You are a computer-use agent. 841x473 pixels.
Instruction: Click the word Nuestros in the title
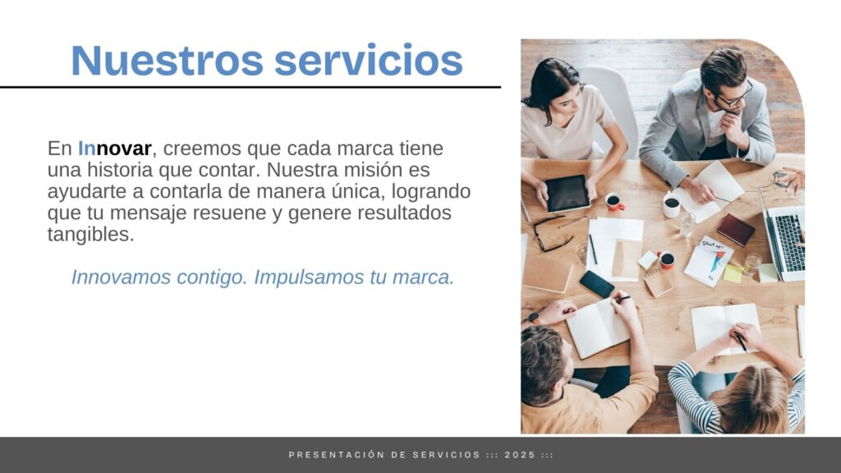click(168, 60)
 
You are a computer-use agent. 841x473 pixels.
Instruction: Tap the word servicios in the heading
click(369, 60)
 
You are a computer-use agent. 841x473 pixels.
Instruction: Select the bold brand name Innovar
click(115, 148)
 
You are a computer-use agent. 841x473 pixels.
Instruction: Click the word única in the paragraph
click(362, 191)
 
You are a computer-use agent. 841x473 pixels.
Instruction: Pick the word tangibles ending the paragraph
click(90, 234)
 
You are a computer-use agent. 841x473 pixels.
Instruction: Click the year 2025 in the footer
click(520, 455)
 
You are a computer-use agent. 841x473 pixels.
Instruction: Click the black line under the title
click(250, 87)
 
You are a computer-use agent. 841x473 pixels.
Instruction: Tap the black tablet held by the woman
click(568, 193)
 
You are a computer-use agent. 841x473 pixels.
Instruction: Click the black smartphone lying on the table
click(596, 283)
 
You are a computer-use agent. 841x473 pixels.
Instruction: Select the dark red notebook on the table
click(735, 230)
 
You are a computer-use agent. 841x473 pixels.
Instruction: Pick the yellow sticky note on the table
click(733, 273)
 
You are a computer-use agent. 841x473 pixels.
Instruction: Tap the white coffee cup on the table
click(671, 205)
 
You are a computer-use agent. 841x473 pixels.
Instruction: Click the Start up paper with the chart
click(709, 261)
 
